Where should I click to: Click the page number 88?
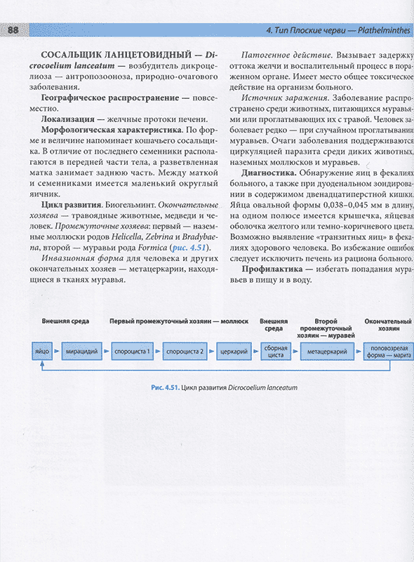pyautogui.click(x=13, y=30)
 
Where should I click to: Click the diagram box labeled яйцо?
pyautogui.click(x=43, y=349)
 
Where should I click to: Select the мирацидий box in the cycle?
pyautogui.click(x=81, y=349)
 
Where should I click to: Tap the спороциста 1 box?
pyautogui.click(x=132, y=349)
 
